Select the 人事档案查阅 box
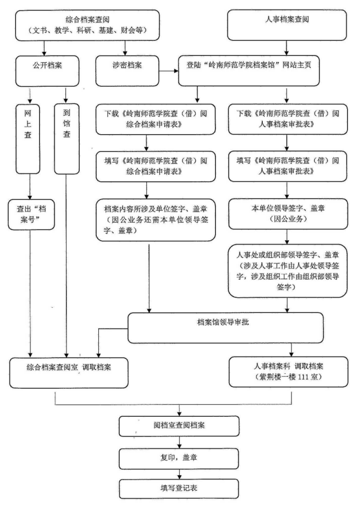point(287,24)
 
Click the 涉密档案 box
point(127,71)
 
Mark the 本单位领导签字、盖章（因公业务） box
point(288,214)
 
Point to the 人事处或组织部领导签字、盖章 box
point(288,270)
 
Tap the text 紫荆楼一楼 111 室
point(288,377)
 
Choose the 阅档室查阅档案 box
point(179,426)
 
